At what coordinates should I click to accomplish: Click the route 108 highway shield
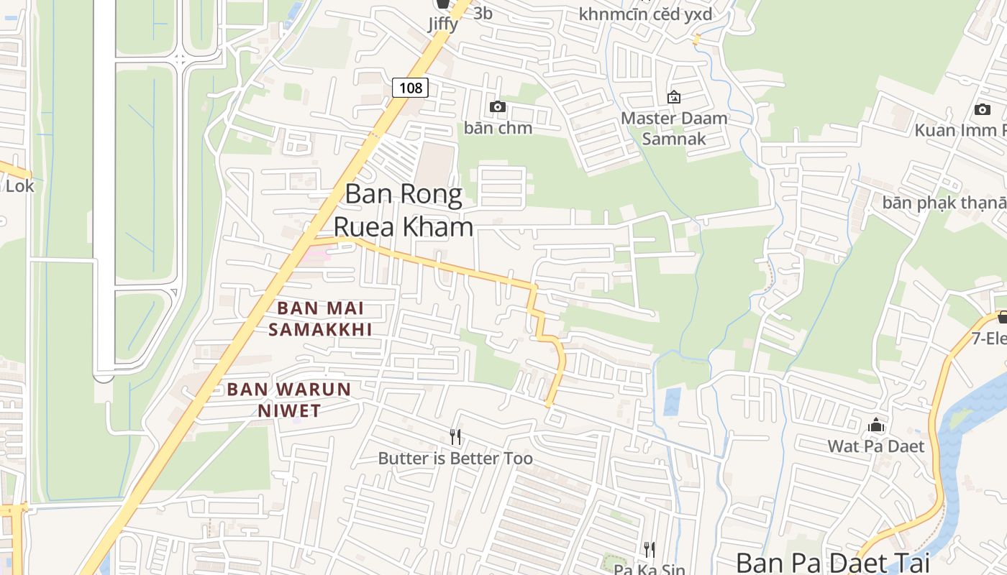point(410,88)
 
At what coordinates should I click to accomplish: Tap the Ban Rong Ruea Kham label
point(403,210)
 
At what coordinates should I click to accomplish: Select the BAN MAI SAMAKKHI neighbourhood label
point(320,318)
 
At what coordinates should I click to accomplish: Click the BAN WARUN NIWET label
point(289,400)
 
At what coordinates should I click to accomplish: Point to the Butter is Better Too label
point(455,459)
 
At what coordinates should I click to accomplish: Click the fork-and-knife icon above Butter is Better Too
point(455,436)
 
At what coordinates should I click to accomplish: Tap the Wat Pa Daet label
point(875,446)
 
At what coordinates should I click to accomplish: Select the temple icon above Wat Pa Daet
point(875,425)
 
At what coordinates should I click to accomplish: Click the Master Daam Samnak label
point(674,128)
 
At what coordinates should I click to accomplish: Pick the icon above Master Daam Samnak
point(674,96)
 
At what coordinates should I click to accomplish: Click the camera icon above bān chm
point(497,107)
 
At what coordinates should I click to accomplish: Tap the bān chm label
point(498,128)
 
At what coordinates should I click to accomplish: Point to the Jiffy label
point(443,24)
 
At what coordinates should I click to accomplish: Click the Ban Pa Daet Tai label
point(832,562)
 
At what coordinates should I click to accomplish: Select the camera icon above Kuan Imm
point(982,109)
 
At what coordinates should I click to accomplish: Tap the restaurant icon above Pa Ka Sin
point(650,550)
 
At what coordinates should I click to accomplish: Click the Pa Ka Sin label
point(650,569)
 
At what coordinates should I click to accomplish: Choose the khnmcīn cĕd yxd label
point(645,14)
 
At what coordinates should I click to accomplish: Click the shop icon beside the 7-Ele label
point(1002,317)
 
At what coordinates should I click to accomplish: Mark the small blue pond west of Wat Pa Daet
point(672,401)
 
